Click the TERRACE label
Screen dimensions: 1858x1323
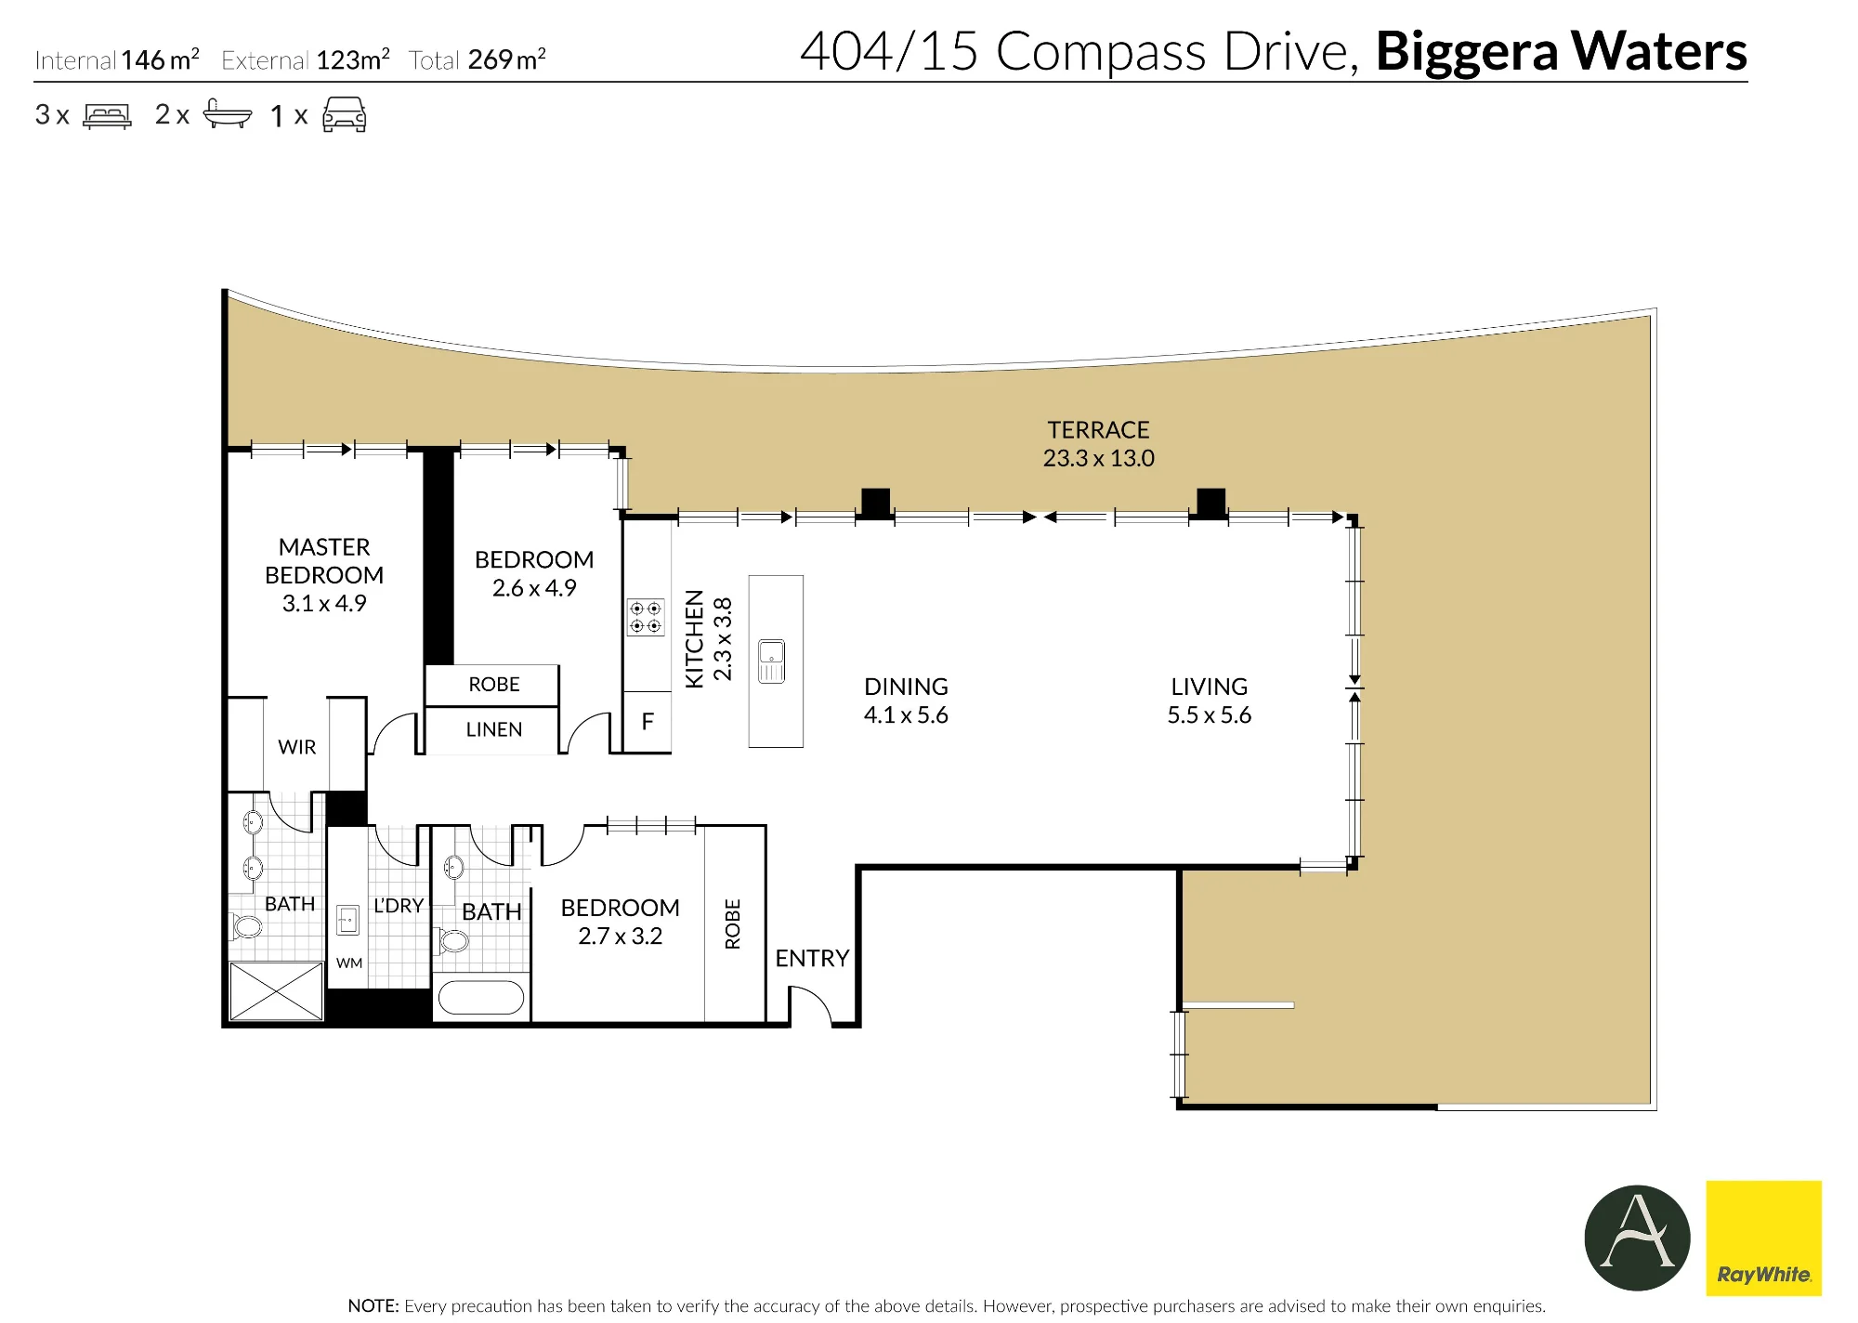click(1098, 430)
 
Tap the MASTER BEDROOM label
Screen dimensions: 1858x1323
click(324, 561)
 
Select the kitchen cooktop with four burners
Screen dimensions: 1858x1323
click(646, 617)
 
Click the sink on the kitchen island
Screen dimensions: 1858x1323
click(771, 661)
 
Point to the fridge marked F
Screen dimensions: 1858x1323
click(647, 722)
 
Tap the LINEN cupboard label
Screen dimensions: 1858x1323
click(494, 730)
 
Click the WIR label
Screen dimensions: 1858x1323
click(297, 747)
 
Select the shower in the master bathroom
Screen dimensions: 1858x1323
click(276, 991)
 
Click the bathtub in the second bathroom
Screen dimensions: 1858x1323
click(480, 998)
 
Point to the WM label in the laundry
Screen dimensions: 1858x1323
click(349, 963)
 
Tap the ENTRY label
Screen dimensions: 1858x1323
click(812, 959)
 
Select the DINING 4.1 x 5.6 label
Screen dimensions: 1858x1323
click(906, 701)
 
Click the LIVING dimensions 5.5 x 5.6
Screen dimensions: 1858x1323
click(1209, 715)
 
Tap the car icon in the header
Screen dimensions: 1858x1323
click(344, 115)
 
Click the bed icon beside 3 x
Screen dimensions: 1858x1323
click(107, 116)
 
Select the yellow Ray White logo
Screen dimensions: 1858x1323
click(1763, 1238)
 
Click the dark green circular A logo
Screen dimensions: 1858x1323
click(1637, 1238)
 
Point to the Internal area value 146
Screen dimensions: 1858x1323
click(143, 60)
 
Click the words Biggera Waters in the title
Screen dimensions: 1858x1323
click(1561, 51)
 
